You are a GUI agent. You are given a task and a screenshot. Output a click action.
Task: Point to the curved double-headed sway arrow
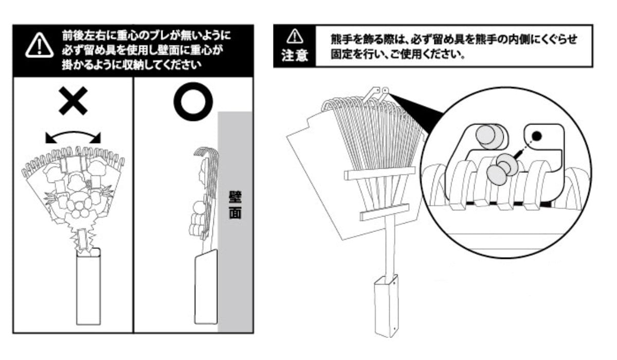click(72, 135)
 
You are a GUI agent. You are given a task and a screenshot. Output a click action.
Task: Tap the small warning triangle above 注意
click(294, 36)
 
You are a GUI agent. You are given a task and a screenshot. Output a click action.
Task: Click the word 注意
click(294, 56)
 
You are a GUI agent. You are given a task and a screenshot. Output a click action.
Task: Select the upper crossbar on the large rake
click(380, 174)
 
